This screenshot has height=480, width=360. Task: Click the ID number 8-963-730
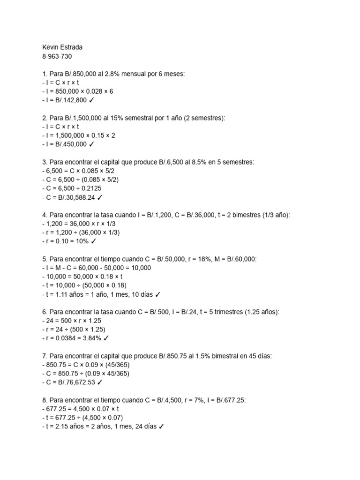click(57, 56)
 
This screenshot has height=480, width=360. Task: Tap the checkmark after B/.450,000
click(91, 144)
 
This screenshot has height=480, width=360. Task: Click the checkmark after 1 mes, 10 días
click(158, 294)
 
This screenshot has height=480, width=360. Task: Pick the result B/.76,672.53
click(75, 382)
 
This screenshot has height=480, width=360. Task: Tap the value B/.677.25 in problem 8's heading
click(228, 400)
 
